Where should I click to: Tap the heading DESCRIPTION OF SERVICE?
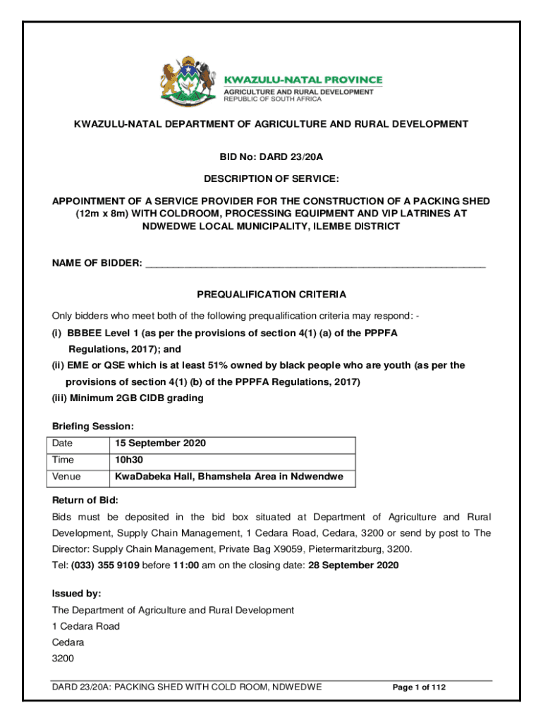tap(271, 178)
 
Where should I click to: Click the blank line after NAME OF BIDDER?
tap(315, 264)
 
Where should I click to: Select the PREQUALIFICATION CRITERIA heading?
tap(271, 294)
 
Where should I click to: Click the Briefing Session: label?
tap(93, 427)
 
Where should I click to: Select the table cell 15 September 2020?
tap(160, 444)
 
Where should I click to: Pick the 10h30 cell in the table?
tap(129, 460)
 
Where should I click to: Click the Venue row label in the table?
tap(67, 477)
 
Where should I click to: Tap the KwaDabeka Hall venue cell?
tap(229, 477)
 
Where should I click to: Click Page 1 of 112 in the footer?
tap(419, 687)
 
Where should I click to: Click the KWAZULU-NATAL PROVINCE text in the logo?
tap(303, 80)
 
